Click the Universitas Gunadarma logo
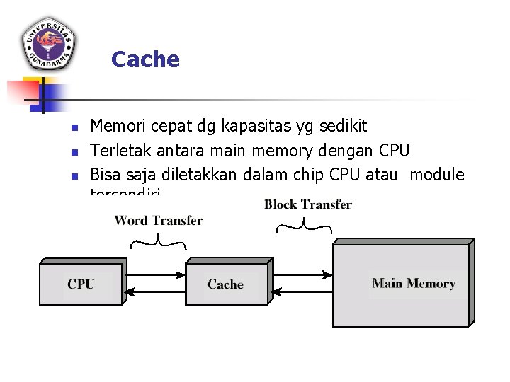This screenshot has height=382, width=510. [x=49, y=43]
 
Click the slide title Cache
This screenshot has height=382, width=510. [x=145, y=59]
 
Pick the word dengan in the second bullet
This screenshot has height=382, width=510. [x=348, y=151]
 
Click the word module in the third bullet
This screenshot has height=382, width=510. [x=437, y=175]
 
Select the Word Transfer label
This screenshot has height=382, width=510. [x=158, y=221]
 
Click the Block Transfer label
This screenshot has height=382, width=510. [x=308, y=205]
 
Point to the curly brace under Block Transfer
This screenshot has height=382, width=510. [x=304, y=226]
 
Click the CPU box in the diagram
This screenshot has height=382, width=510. [x=81, y=284]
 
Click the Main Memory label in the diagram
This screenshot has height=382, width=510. [x=414, y=284]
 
